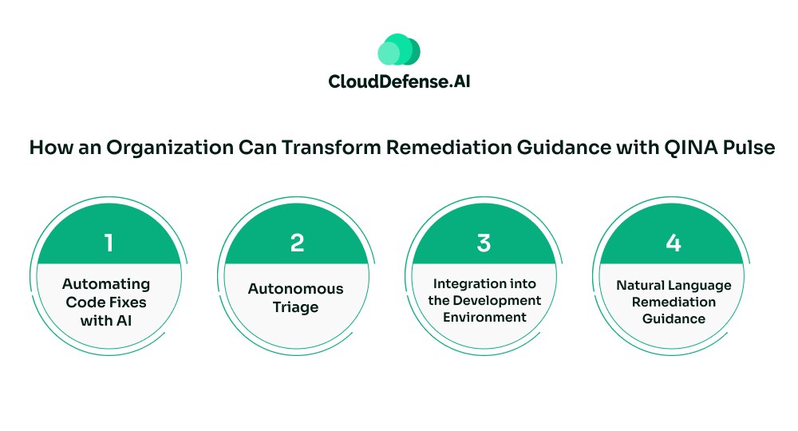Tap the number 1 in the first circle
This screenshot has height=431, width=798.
(x=109, y=243)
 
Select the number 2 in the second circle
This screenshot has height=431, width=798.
(x=297, y=243)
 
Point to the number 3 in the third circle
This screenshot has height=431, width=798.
(x=484, y=243)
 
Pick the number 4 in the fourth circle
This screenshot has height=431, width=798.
(x=673, y=243)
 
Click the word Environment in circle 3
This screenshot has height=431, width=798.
(x=484, y=317)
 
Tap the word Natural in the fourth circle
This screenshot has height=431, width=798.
(x=641, y=286)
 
